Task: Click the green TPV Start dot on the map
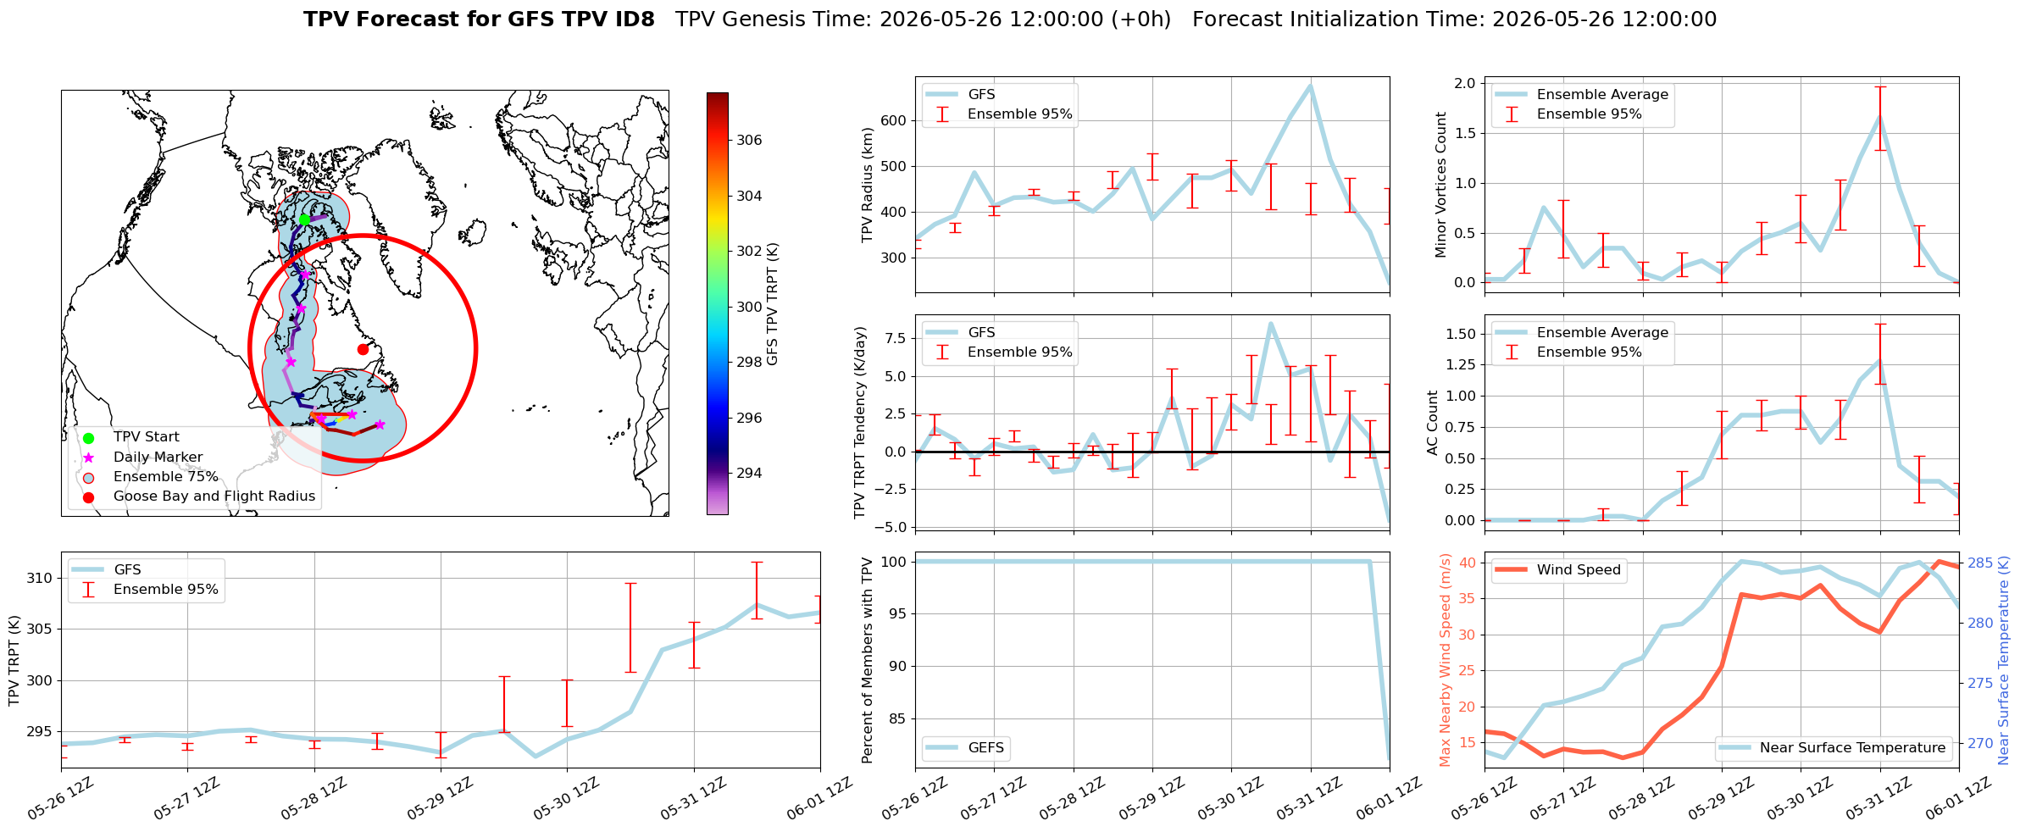(304, 219)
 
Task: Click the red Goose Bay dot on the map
(363, 349)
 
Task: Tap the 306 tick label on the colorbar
(749, 140)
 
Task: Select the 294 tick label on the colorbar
(749, 473)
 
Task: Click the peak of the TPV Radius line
(1311, 86)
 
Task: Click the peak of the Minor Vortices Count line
(1880, 117)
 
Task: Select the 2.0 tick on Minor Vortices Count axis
(1464, 83)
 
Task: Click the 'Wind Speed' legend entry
(1557, 570)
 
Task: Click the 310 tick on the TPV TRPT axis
(40, 579)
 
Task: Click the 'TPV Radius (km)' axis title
(867, 185)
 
